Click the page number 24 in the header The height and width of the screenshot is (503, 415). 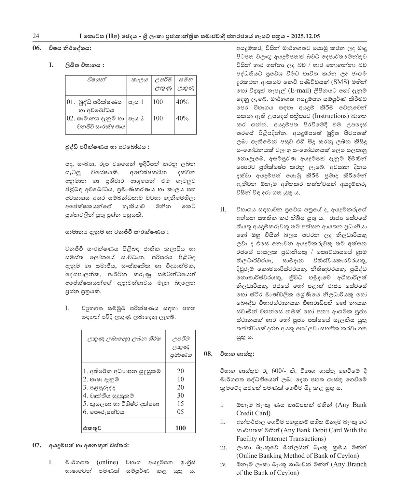(x=36, y=36)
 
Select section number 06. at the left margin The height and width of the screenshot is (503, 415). (x=37, y=48)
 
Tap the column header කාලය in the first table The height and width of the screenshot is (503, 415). (x=139, y=79)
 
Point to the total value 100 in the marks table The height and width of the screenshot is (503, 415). (x=181, y=428)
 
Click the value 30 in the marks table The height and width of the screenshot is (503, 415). (x=181, y=395)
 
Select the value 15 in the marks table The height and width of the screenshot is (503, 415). (x=181, y=404)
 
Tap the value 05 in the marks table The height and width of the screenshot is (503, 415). (x=181, y=412)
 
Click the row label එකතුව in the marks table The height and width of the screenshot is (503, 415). (x=92, y=428)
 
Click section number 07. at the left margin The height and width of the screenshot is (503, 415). (x=37, y=445)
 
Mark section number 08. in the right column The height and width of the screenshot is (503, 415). (x=208, y=353)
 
